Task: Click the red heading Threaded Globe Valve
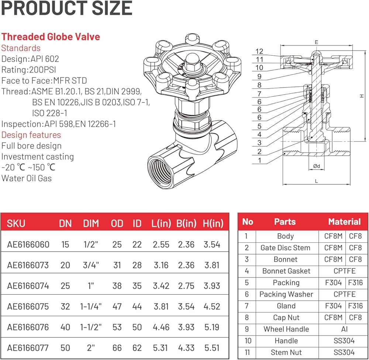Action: (x=51, y=37)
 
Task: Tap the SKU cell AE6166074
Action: (x=28, y=286)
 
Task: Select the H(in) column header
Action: (x=213, y=223)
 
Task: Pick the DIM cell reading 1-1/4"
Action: (x=91, y=307)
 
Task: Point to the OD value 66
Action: (x=117, y=348)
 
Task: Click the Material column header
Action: (x=344, y=222)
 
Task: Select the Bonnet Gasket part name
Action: (x=286, y=271)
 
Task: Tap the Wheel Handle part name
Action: (x=286, y=329)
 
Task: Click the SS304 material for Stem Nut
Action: (x=344, y=353)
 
